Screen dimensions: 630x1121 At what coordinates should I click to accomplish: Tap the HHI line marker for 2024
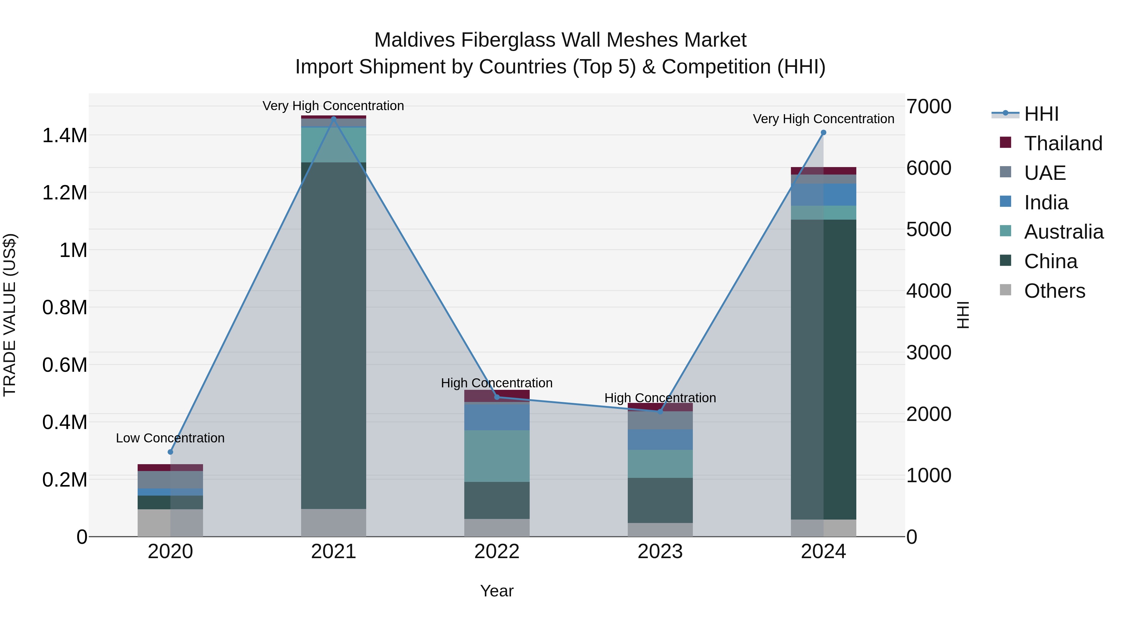pos(823,133)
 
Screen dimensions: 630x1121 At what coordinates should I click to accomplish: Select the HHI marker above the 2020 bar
pos(170,452)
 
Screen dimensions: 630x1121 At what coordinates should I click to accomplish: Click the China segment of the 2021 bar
pos(333,335)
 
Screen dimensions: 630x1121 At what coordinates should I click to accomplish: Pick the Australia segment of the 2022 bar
pos(497,456)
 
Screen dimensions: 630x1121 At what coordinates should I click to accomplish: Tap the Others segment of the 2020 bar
pos(170,523)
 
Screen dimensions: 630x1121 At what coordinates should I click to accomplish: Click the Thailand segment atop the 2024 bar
pos(823,170)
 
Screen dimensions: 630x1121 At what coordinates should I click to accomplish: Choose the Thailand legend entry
pos(1063,143)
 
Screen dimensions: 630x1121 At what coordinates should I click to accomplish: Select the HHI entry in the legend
pos(1041,114)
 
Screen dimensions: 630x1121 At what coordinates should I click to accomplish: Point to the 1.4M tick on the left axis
pos(65,136)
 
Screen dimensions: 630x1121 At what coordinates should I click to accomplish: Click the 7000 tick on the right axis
pos(928,106)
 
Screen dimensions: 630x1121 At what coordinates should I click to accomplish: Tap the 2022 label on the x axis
pos(497,552)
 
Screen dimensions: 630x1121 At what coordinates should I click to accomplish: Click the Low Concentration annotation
pos(170,438)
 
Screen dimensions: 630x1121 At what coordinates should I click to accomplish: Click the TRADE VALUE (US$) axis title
pos(10,315)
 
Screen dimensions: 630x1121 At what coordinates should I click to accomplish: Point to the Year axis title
pos(497,591)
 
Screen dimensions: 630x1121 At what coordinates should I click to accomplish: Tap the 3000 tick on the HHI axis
pos(928,352)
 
